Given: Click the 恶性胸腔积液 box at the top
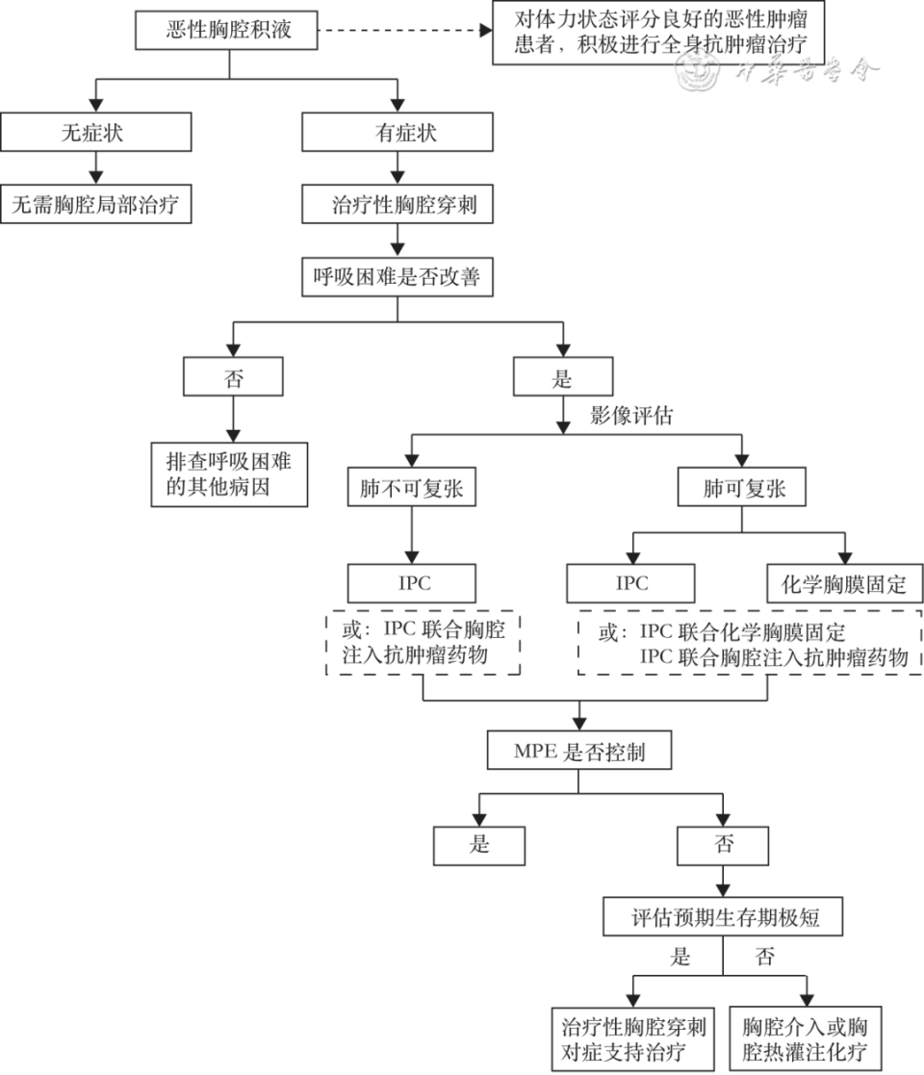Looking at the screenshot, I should [x=228, y=32].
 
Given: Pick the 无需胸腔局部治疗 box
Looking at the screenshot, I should [x=95, y=204].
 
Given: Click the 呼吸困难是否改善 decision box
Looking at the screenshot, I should [x=397, y=278].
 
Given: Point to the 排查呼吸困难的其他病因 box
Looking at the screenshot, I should [x=229, y=474].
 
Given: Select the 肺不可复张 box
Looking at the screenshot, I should [x=411, y=489].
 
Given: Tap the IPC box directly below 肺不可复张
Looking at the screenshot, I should [x=411, y=583].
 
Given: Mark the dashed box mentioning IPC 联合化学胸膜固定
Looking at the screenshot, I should [x=749, y=645].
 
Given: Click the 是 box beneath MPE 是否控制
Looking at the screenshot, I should [x=478, y=845].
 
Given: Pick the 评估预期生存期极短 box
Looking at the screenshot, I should [x=724, y=916].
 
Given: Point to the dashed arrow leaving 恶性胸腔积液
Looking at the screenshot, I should [x=404, y=32].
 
